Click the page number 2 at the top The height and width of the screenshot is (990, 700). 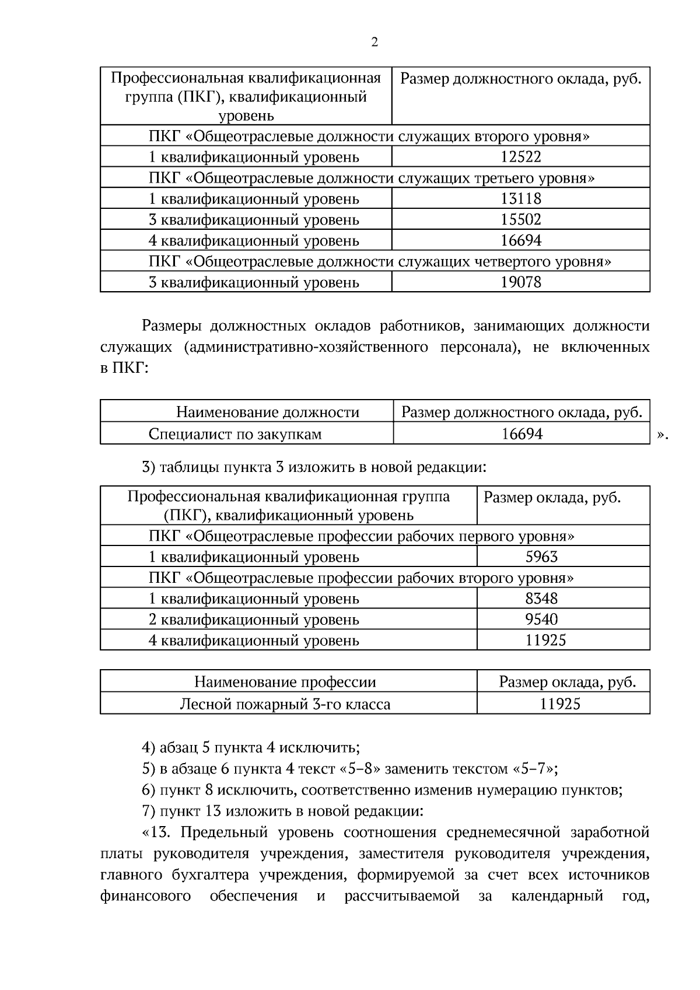pos(374,42)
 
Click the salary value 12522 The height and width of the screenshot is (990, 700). pos(521,157)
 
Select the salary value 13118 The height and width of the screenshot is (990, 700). pos(521,199)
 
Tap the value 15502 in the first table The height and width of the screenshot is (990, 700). pos(521,220)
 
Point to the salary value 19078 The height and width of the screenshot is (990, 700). pos(521,283)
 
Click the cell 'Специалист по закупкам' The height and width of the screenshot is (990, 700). pos(235,434)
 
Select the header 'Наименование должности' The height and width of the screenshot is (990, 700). pos(268,413)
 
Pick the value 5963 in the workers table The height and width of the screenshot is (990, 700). pos(542,557)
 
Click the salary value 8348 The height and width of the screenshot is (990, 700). pos(542,599)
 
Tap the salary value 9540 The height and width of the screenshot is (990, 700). pos(542,620)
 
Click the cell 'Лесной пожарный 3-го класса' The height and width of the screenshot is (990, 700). pos(285,705)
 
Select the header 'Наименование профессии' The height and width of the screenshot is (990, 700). pos(285,683)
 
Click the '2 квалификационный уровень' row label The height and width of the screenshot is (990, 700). pos(254,620)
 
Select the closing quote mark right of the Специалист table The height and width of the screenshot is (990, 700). pos(662,435)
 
